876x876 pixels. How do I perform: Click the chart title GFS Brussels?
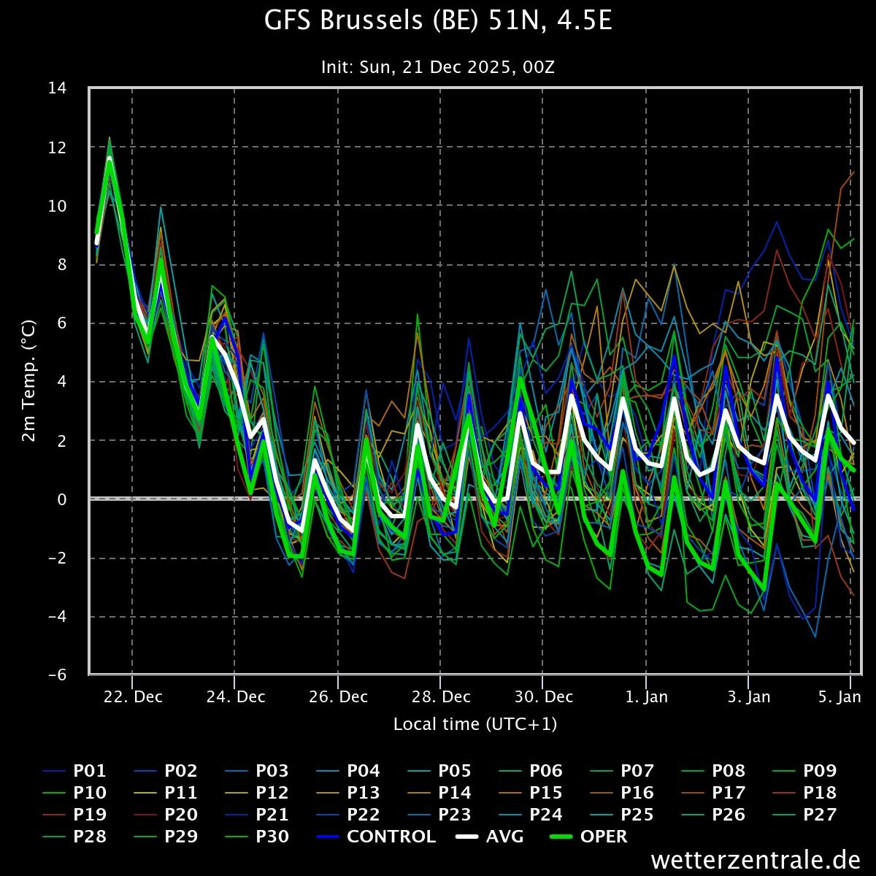pyautogui.click(x=437, y=22)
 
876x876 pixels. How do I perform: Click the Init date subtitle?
pyautogui.click(x=437, y=67)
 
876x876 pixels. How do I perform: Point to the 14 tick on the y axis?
pyautogui.click(x=57, y=88)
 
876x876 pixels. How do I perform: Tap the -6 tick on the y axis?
pyautogui.click(x=57, y=675)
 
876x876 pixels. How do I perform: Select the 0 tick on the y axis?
pyautogui.click(x=62, y=499)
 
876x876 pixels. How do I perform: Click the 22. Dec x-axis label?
pyautogui.click(x=132, y=696)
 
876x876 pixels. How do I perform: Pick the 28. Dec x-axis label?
pyautogui.click(x=440, y=696)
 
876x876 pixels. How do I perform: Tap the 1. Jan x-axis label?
pyautogui.click(x=646, y=696)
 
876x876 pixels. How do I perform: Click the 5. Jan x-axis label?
pyautogui.click(x=839, y=696)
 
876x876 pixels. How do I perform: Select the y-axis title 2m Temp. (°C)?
pyautogui.click(x=29, y=380)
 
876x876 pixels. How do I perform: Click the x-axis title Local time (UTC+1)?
pyautogui.click(x=475, y=724)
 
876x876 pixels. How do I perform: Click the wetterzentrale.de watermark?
pyautogui.click(x=755, y=860)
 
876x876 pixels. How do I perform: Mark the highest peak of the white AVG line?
pyautogui.click(x=109, y=158)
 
